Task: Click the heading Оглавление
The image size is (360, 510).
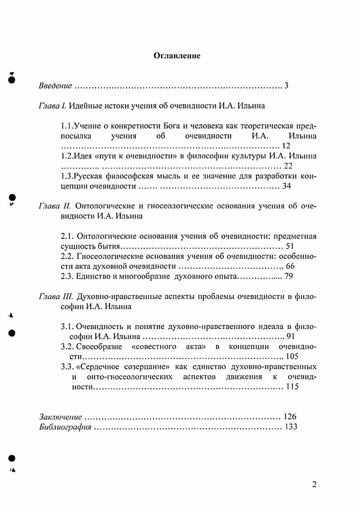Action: point(177,56)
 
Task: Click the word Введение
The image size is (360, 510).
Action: point(55,85)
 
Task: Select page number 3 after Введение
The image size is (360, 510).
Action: point(286,85)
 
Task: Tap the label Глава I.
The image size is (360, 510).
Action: point(53,106)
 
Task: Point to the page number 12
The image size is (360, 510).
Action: point(286,146)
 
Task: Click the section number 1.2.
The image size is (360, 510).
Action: point(66,156)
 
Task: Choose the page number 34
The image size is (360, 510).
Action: point(286,186)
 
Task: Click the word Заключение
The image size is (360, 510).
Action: point(60,417)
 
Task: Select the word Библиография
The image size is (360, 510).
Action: point(65,427)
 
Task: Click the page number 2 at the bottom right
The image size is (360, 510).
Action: point(314,484)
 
